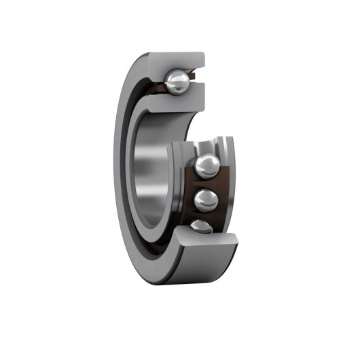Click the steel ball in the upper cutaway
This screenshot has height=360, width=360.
[x=178, y=83]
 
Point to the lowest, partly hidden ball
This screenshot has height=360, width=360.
[x=202, y=226]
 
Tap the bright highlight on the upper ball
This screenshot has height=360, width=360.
[x=180, y=79]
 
